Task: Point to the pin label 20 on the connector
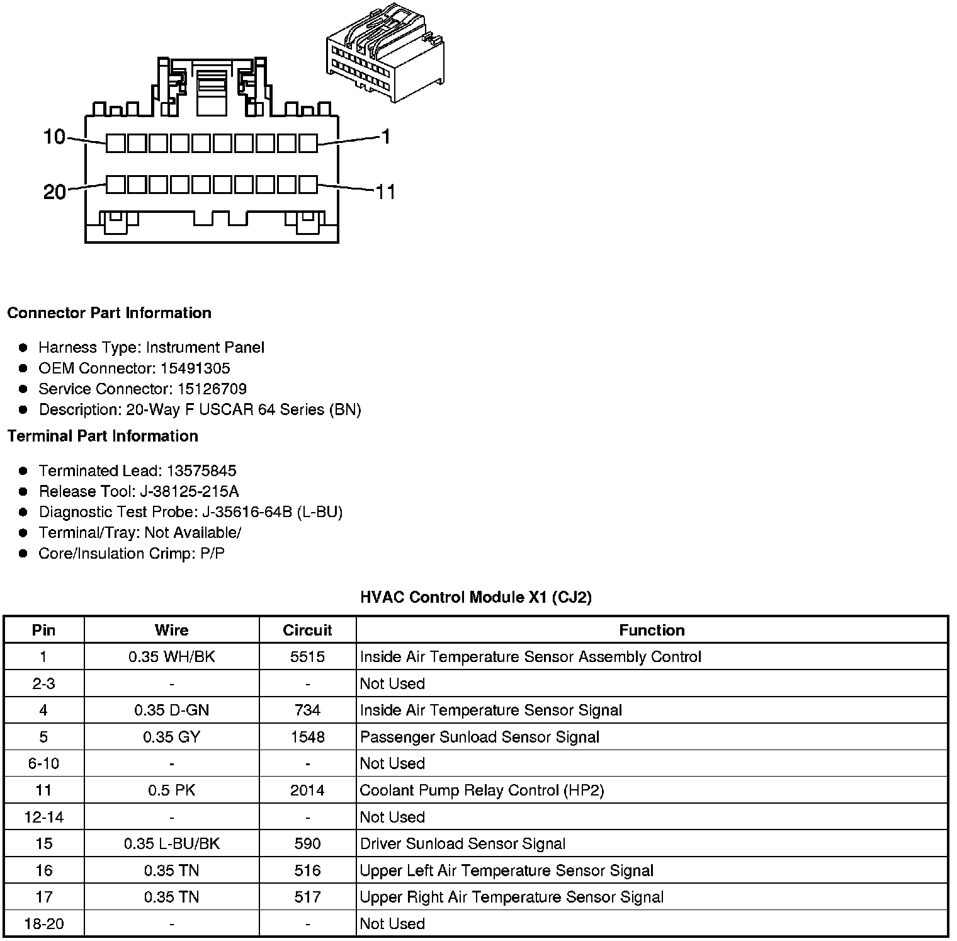coord(55,191)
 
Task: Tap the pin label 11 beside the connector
coord(385,191)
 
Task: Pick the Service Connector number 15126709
coord(210,389)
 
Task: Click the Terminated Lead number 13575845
coord(201,470)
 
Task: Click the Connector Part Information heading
coord(109,313)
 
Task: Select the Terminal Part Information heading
coord(103,436)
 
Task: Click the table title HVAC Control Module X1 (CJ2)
coord(476,597)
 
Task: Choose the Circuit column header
coord(307,630)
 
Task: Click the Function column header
coord(652,630)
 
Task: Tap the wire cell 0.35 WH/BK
coord(171,657)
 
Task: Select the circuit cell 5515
coord(307,657)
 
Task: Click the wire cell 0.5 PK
coord(171,790)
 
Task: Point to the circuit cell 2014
coord(307,790)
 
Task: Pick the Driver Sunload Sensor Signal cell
coord(463,844)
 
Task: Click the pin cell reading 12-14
coord(43,817)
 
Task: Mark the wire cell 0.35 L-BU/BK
coord(171,844)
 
